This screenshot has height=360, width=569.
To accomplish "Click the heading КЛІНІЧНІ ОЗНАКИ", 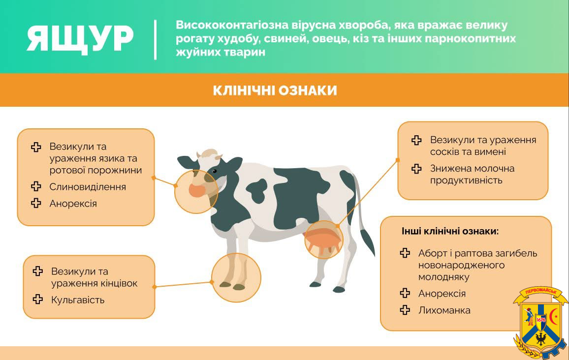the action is [x=275, y=90].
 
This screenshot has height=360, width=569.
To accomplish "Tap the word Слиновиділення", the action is [x=88, y=187].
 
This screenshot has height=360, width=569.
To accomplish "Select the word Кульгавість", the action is [x=78, y=300].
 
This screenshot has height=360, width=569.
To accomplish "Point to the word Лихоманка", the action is [x=444, y=310].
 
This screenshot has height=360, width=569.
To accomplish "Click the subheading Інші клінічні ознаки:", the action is [x=450, y=231].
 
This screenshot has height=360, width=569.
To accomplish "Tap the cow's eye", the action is [x=215, y=171].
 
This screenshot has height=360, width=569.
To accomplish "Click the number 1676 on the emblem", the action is [x=540, y=320].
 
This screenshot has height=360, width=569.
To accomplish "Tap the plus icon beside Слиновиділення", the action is [x=36, y=186].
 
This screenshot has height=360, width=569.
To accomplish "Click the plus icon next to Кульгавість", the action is [x=38, y=300].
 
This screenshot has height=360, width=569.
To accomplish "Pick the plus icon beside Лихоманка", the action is [x=405, y=310].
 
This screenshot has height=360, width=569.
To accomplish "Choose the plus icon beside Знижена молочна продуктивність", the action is [x=416, y=169].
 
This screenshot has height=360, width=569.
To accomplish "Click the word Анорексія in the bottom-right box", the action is [x=442, y=294].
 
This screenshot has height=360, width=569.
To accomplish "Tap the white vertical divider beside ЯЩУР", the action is [x=156, y=39].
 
